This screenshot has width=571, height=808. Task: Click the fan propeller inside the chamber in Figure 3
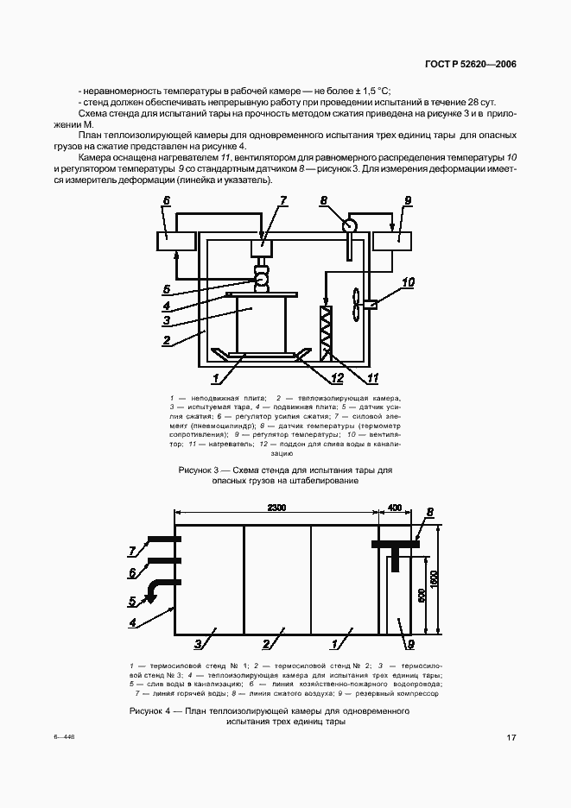tap(354, 304)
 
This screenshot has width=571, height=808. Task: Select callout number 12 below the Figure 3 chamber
tap(337, 377)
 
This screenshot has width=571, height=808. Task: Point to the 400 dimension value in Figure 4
tap(395, 507)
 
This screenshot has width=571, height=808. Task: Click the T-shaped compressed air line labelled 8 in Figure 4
tap(395, 550)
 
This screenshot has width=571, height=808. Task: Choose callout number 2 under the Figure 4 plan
tap(268, 643)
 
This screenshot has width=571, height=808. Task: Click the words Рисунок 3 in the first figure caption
tap(200, 470)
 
